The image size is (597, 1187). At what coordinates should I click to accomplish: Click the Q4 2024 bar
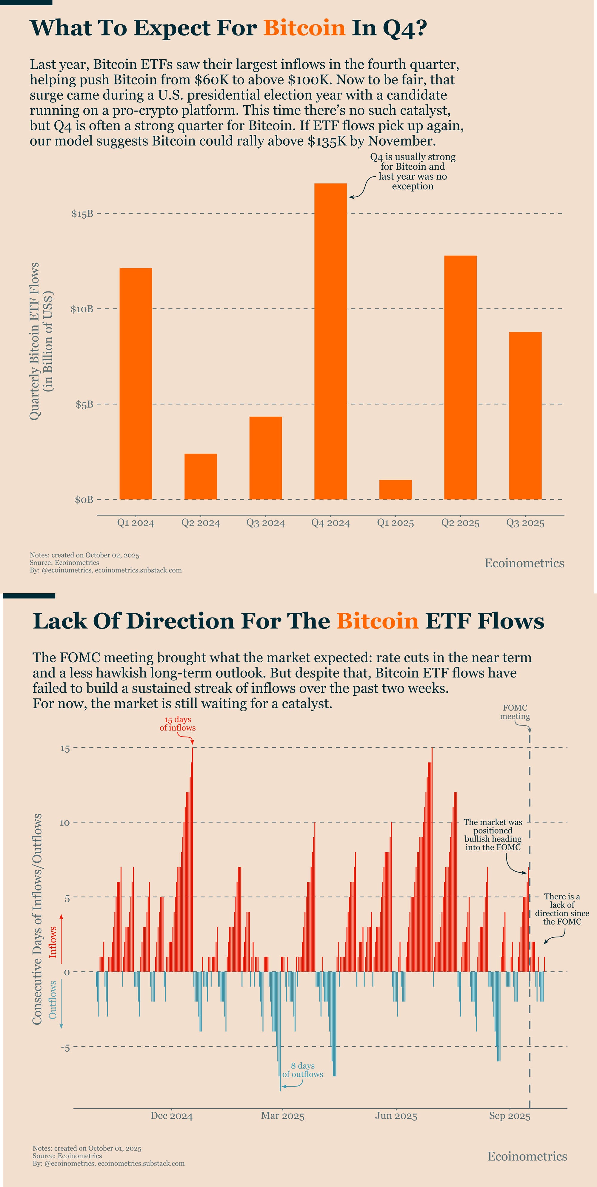[x=330, y=341]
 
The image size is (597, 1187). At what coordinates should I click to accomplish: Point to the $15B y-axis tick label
[x=82, y=214]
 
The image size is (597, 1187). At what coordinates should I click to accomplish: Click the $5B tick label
[x=84, y=405]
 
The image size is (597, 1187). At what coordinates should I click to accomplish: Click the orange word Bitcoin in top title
[x=304, y=28]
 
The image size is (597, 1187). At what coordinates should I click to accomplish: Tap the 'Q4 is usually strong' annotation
[x=413, y=172]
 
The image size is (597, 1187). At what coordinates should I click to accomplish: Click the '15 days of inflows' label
[x=178, y=723]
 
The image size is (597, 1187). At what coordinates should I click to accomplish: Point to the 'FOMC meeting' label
[x=515, y=712]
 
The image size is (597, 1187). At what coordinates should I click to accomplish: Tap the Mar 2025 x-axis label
[x=283, y=1116]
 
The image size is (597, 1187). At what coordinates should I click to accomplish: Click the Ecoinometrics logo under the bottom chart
[x=527, y=1156]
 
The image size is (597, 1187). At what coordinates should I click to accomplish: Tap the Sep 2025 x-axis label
[x=510, y=1116]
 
